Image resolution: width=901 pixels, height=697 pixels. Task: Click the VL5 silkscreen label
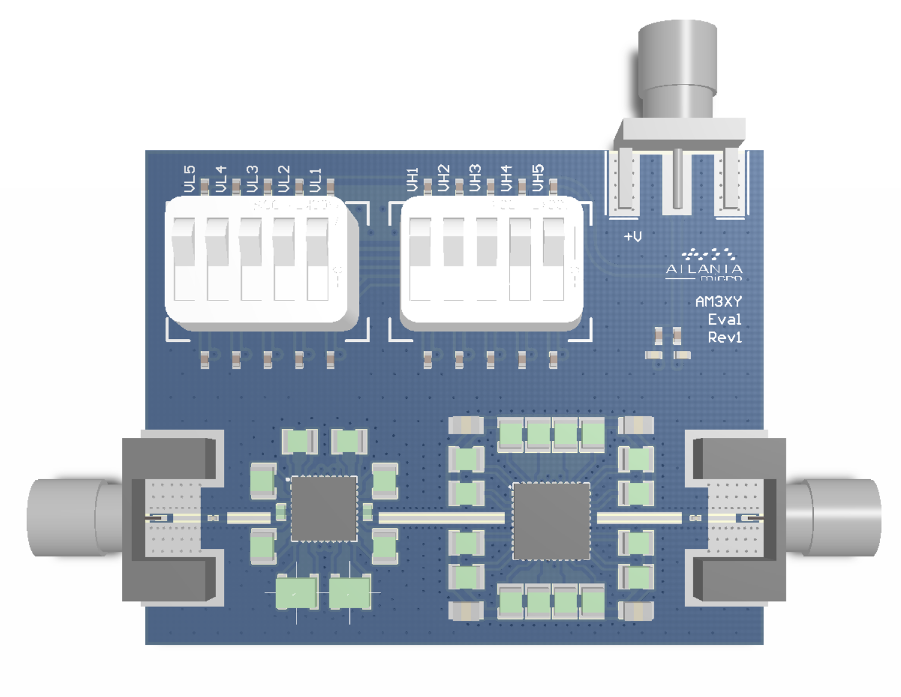(x=190, y=179)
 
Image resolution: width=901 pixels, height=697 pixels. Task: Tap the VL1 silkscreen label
(x=316, y=179)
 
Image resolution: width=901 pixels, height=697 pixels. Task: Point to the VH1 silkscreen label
(x=412, y=179)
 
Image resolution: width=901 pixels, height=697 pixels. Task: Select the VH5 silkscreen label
(x=538, y=178)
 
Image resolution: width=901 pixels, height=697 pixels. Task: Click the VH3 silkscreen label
(x=475, y=178)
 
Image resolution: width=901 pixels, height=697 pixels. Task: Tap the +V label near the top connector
(x=633, y=236)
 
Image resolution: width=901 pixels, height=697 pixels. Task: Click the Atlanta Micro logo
(x=704, y=265)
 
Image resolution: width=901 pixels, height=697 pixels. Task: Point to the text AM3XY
(x=719, y=301)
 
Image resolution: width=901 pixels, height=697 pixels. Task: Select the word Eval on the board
(x=725, y=319)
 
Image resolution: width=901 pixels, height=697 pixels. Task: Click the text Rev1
(x=725, y=337)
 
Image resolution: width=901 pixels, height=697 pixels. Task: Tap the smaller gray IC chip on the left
(x=324, y=509)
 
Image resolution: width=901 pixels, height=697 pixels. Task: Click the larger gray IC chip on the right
(x=551, y=521)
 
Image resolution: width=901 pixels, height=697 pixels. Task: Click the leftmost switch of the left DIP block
(x=184, y=259)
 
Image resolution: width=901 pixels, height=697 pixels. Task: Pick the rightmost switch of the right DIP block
(x=553, y=259)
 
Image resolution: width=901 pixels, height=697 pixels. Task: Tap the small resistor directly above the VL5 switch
(x=205, y=186)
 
